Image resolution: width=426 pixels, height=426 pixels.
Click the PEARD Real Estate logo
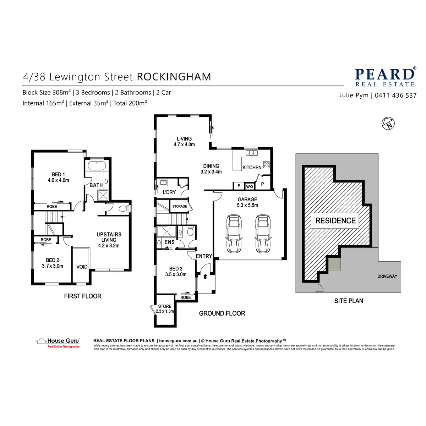click(x=385, y=77)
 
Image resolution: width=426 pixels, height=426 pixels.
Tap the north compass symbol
click(x=388, y=123)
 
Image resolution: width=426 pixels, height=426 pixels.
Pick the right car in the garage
click(x=262, y=233)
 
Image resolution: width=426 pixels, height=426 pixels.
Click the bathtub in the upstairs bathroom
click(x=96, y=166)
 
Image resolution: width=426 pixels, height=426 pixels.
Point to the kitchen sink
click(x=252, y=153)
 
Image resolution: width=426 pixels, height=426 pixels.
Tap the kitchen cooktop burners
click(x=266, y=165)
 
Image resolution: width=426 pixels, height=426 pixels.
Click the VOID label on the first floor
click(x=82, y=267)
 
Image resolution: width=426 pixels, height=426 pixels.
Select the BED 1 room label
click(x=58, y=177)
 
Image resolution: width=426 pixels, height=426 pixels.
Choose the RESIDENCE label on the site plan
click(x=335, y=220)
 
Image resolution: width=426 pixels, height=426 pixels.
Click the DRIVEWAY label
click(x=387, y=276)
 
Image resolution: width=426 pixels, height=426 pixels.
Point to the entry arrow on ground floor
click(x=205, y=276)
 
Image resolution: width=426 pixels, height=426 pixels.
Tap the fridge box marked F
click(x=239, y=186)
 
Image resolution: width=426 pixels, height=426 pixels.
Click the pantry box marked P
click(x=262, y=184)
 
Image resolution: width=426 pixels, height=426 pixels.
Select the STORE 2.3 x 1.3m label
click(x=165, y=309)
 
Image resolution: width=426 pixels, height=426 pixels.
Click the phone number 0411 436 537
click(x=395, y=95)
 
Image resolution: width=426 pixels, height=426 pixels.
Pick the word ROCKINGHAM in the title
click(x=174, y=77)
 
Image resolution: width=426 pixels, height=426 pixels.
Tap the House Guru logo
click(x=58, y=343)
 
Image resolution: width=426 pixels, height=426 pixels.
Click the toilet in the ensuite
click(x=190, y=233)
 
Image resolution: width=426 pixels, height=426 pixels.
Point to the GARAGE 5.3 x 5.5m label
click(x=247, y=202)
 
